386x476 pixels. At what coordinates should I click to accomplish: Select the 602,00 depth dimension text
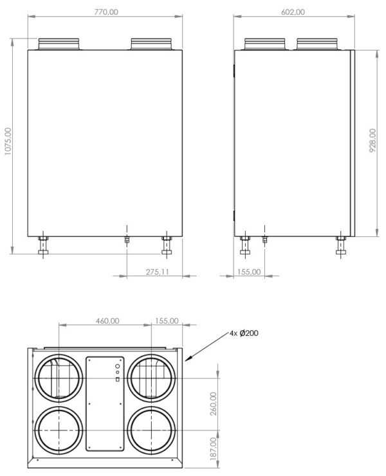pyautogui.click(x=293, y=12)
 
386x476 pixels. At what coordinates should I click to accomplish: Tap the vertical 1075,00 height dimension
pyautogui.click(x=8, y=140)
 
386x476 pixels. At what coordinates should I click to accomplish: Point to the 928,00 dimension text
pyautogui.click(x=372, y=140)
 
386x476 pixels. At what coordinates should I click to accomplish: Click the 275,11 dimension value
pyautogui.click(x=156, y=272)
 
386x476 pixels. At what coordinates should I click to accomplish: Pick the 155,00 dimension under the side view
pyautogui.click(x=248, y=272)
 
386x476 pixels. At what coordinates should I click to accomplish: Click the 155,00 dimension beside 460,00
pyautogui.click(x=166, y=320)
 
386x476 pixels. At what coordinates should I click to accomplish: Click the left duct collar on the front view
pyautogui.click(x=59, y=44)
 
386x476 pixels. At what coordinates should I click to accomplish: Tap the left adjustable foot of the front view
pyautogui.click(x=43, y=247)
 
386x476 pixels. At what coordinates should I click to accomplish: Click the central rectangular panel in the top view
pyautogui.click(x=105, y=403)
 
